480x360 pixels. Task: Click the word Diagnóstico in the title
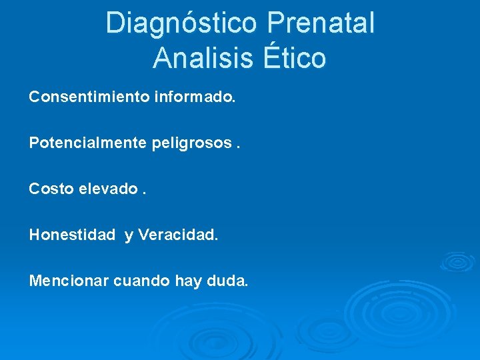pos(181,23)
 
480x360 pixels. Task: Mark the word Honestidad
pos(72,235)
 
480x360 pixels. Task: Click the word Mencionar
pos(69,281)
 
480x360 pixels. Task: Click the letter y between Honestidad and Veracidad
pos(129,237)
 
